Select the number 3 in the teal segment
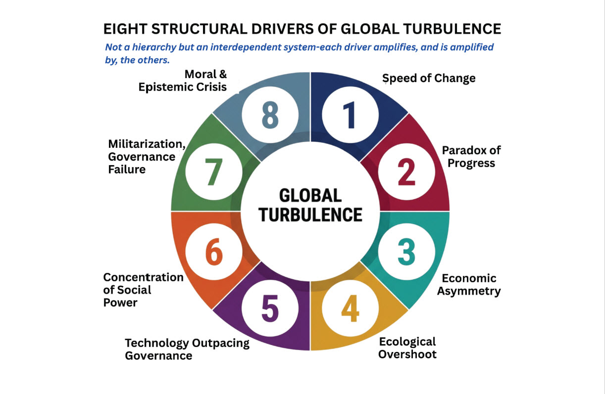pyautogui.click(x=406, y=252)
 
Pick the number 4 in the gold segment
pyautogui.click(x=350, y=308)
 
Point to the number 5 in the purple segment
pyautogui.click(x=270, y=308)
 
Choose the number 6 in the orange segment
pyautogui.click(x=214, y=252)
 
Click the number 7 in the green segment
pyautogui.click(x=214, y=172)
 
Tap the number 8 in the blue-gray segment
pyautogui.click(x=270, y=115)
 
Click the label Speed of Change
pyautogui.click(x=429, y=78)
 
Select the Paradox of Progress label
pyautogui.click(x=471, y=157)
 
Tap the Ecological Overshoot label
pyautogui.click(x=407, y=348)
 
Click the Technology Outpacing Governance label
pyautogui.click(x=187, y=349)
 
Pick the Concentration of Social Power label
pyautogui.click(x=143, y=290)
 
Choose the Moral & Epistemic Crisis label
pyautogui.click(x=182, y=81)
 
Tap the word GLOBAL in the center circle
pyautogui.click(x=310, y=196)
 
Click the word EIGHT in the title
pyautogui.click(x=125, y=29)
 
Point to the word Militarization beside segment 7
pyautogui.click(x=147, y=144)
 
